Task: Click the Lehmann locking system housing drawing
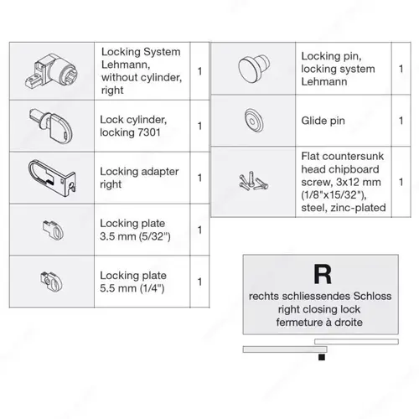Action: (52, 71)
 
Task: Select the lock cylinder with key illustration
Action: (51, 125)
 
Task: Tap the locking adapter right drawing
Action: (52, 178)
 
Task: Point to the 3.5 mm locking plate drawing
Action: (53, 230)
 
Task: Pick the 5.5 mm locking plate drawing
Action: (52, 282)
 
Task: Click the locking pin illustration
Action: (254, 69)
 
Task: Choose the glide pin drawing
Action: (254, 121)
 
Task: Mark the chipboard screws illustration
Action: (253, 182)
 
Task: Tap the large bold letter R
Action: (323, 274)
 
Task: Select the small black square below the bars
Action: (322, 357)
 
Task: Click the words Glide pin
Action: (323, 121)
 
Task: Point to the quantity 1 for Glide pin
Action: (401, 121)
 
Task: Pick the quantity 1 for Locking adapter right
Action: (199, 178)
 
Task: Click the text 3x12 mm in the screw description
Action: (359, 182)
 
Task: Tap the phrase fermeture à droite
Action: (319, 323)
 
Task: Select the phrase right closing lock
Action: (319, 309)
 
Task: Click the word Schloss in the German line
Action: (372, 296)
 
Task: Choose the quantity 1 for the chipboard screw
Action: (401, 182)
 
